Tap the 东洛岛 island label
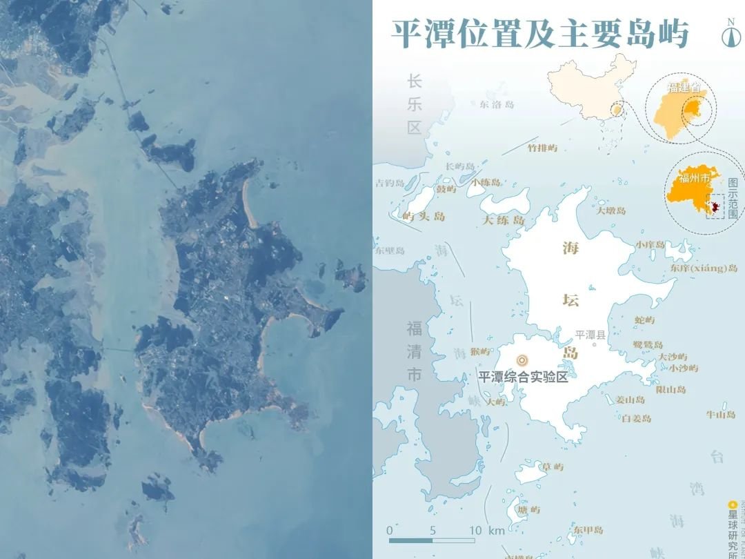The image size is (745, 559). pos(497,105)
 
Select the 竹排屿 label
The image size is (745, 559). pos(542,148)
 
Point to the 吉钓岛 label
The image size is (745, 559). pos(388,184)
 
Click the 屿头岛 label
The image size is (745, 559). pos(424,217)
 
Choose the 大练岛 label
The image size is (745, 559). pos(503,221)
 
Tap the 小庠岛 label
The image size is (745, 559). pos(650,245)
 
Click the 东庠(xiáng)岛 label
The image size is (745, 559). pos(703,268)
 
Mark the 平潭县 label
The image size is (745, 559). pos(590,335)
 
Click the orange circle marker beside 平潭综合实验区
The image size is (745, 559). pos(522,360)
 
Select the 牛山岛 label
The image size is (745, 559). pos(720,415)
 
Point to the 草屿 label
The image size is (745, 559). pos(553,467)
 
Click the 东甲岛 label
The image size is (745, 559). pos(588,530)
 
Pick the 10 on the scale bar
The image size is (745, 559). pos(475,531)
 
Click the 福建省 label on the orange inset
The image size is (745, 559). pos(683,88)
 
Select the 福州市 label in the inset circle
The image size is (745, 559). pos(693,179)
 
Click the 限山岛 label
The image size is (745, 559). pos(670,390)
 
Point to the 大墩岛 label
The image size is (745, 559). pos(611,210)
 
